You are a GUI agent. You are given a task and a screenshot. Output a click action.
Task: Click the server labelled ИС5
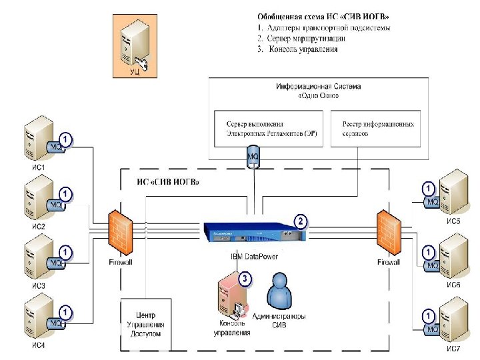click(454, 193)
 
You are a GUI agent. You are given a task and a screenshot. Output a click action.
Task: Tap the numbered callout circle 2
click(301, 221)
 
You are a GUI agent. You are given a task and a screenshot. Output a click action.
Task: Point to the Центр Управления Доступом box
click(145, 324)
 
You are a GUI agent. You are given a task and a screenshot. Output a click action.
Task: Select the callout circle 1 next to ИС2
click(65, 194)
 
